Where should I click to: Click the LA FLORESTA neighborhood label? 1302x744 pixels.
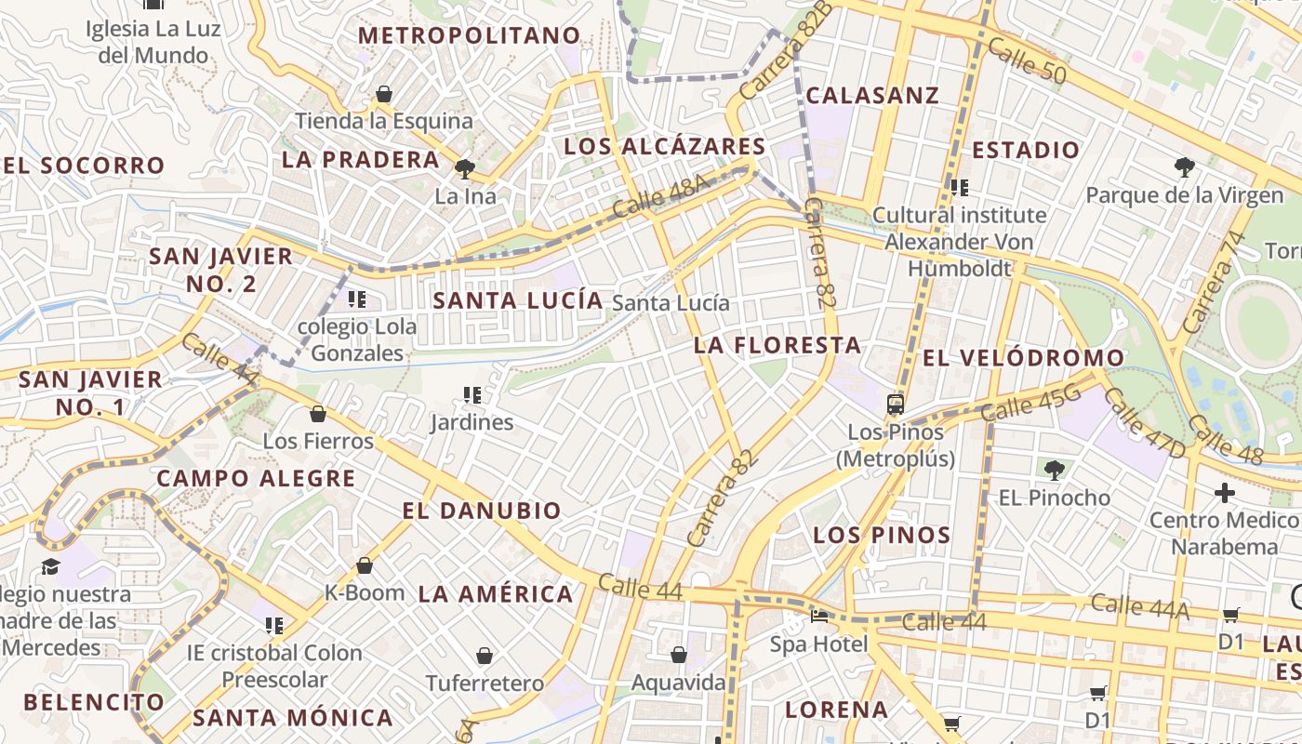[777, 345]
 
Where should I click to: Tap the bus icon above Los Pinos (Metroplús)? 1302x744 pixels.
[896, 405]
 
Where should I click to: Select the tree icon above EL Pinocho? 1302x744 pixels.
[1054, 470]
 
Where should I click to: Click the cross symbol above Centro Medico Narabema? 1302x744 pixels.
[1224, 492]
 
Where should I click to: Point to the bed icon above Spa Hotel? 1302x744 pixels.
[818, 616]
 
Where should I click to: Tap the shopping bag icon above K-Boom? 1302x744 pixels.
[365, 565]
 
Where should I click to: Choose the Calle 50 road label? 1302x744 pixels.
[1027, 60]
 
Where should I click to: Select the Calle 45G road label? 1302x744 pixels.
[1030, 405]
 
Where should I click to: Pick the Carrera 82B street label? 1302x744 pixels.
[787, 51]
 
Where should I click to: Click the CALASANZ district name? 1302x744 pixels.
[872, 96]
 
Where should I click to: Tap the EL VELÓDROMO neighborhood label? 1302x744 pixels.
[1023, 358]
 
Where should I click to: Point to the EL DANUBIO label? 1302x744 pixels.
[482, 511]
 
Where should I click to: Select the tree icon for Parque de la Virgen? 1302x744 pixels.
[1184, 167]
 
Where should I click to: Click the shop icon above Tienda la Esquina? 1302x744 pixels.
[383, 94]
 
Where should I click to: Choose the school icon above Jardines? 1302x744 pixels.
[472, 395]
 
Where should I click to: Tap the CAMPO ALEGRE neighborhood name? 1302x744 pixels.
[256, 479]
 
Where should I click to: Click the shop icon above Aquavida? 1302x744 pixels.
[679, 656]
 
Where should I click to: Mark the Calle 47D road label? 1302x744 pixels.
[1145, 424]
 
